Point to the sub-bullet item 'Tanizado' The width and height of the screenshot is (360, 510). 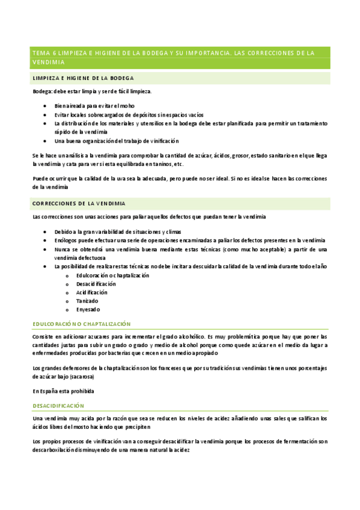tap(87, 301)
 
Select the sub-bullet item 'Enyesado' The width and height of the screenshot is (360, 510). tap(88, 309)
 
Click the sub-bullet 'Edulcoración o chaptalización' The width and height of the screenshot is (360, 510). tap(112, 275)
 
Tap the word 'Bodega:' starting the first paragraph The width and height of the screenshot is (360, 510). tap(42, 91)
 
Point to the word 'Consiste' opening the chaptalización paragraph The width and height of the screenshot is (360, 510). tap(43, 336)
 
